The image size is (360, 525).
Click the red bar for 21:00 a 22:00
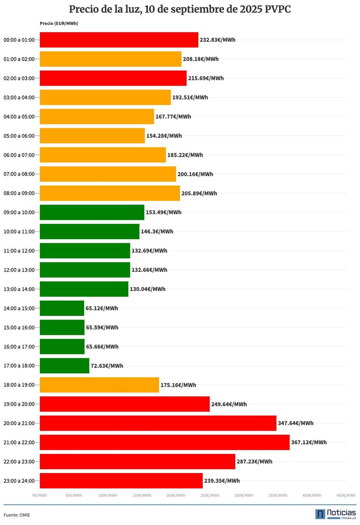pyautogui.click(x=165, y=442)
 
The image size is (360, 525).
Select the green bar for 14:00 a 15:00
pyautogui.click(x=62, y=308)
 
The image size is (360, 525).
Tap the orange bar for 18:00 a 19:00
pyautogui.click(x=99, y=385)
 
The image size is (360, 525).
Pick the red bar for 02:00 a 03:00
pyautogui.click(x=113, y=78)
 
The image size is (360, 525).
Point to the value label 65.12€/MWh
pyautogui.click(x=102, y=308)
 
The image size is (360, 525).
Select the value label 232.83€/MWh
pyautogui.click(x=217, y=40)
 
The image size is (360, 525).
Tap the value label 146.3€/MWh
pyautogui.click(x=157, y=231)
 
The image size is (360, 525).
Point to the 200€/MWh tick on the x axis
pyautogui.click(x=176, y=496)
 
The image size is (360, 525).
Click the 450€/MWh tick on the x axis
pyautogui.click(x=346, y=496)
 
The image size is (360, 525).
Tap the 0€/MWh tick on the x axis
pyautogui.click(x=40, y=496)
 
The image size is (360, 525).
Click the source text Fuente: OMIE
pyautogui.click(x=17, y=514)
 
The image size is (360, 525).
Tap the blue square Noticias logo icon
pyautogui.click(x=320, y=514)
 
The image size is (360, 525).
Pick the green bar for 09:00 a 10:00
pyautogui.click(x=92, y=212)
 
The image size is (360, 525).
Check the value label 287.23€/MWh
pyautogui.click(x=254, y=461)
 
